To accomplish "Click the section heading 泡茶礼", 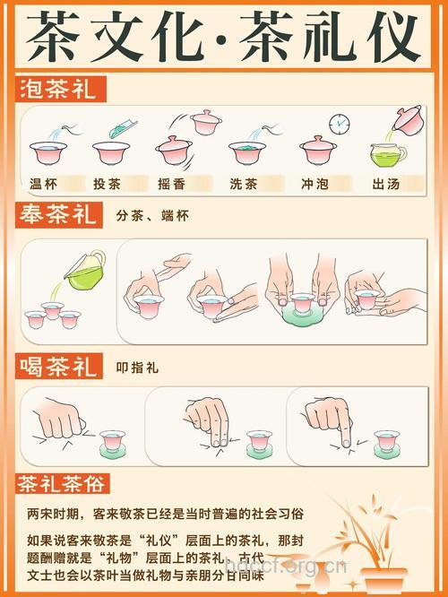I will (61, 89).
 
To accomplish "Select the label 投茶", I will (108, 184).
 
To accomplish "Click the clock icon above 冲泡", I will (339, 123).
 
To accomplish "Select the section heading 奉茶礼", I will (61, 216).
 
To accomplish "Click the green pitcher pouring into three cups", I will (84, 270).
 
